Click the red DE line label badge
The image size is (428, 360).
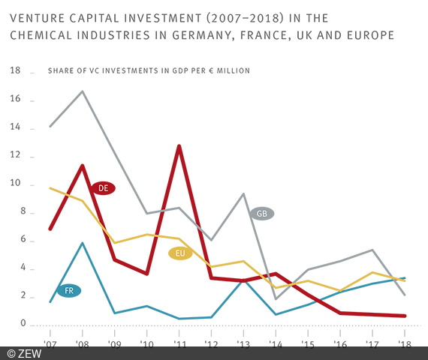coord(103,187)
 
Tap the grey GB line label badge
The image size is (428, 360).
coord(261,214)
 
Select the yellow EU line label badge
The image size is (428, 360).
coord(180,253)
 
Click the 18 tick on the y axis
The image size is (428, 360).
coord(15,72)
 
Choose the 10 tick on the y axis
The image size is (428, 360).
coord(15,184)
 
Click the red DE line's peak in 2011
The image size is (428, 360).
coord(179,145)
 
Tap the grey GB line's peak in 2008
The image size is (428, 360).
coord(82,91)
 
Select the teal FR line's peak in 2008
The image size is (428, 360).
coord(82,242)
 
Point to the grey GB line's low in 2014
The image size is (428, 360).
coord(276,298)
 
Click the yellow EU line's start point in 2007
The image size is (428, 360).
coord(50,187)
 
